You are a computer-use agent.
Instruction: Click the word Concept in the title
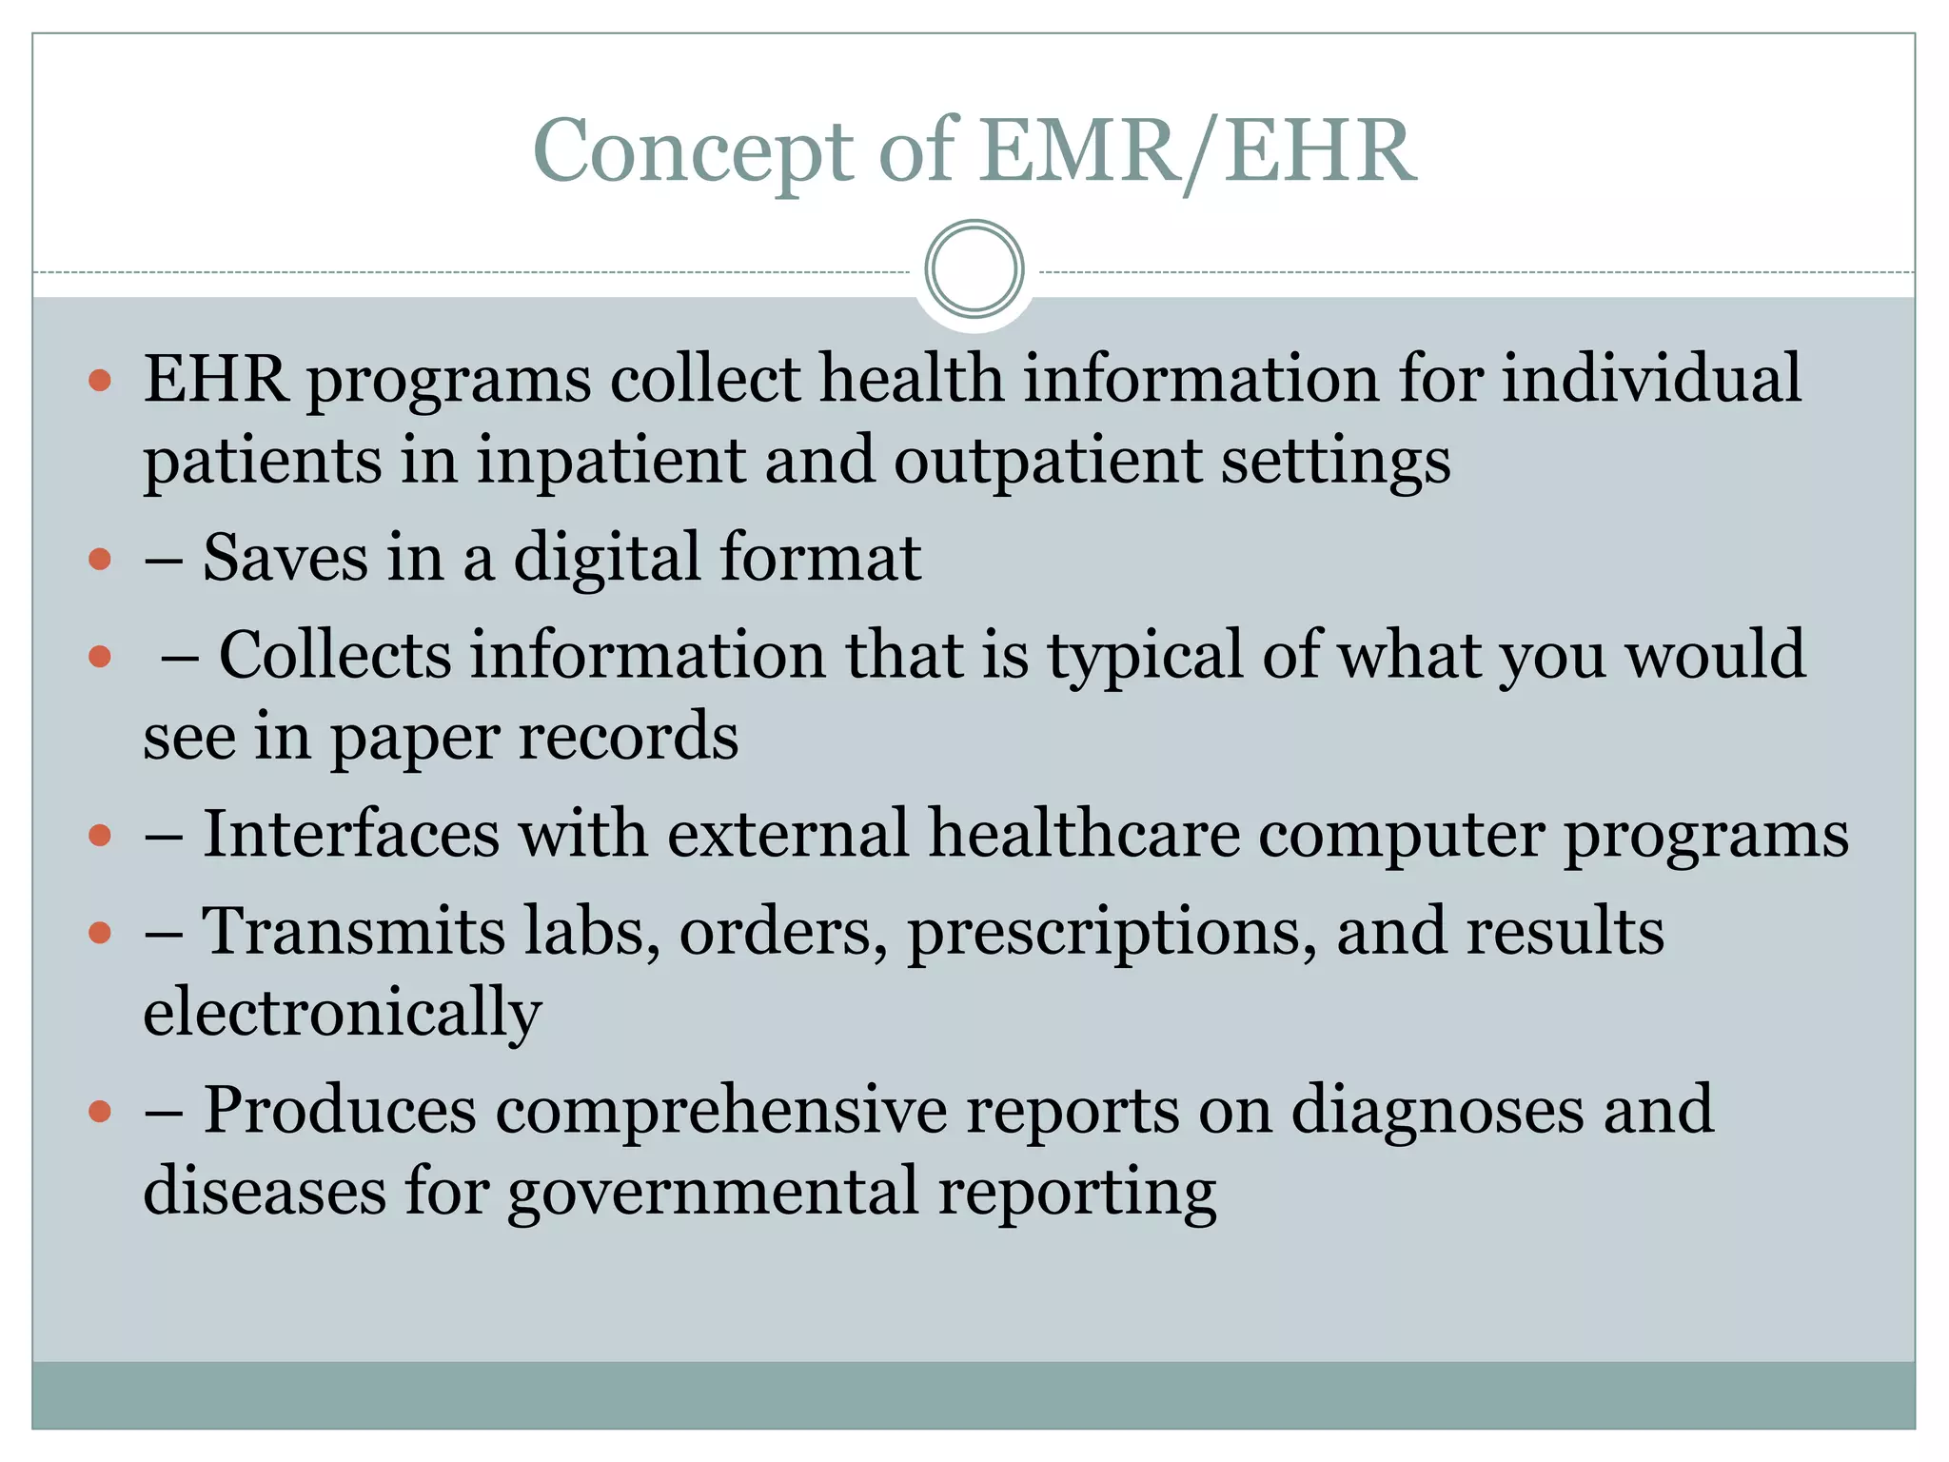pos(693,152)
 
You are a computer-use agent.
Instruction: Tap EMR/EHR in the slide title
pos(1198,152)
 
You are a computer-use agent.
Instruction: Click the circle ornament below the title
pos(974,269)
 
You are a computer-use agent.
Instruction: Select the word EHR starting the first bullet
pos(215,379)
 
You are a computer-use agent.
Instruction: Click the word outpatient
pos(1048,461)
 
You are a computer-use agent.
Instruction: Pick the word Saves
pos(285,558)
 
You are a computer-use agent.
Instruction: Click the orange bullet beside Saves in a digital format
pos(100,559)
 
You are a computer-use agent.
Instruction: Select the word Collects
pos(335,655)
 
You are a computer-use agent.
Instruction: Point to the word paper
pos(414,738)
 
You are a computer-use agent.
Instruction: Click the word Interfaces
pos(351,834)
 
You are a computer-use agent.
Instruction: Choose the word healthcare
pos(1084,834)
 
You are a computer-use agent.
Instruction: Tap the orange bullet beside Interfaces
pos(100,836)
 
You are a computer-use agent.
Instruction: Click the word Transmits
pos(353,931)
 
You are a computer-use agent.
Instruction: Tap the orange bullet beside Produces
pos(100,1111)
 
